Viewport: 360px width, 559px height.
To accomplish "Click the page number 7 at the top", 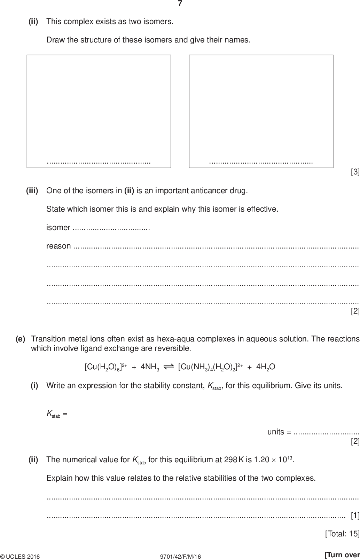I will click(x=180, y=4).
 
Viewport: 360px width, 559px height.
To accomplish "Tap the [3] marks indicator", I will click(x=355, y=172).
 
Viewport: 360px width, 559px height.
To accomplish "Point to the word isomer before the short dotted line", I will click(x=58, y=228).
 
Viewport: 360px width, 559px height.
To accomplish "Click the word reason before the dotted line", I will click(x=58, y=246).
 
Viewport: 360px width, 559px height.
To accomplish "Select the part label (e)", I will click(x=21, y=339).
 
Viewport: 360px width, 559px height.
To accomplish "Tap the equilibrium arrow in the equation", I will click(x=169, y=366).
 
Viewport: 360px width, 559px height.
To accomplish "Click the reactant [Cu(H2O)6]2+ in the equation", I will click(x=106, y=367).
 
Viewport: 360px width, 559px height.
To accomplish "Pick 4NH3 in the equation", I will click(x=150, y=367).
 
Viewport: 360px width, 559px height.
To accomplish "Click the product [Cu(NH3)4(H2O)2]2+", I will click(x=210, y=367).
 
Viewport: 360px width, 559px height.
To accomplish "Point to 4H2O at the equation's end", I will click(x=266, y=367).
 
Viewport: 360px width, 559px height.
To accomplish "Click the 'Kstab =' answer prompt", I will click(x=57, y=414).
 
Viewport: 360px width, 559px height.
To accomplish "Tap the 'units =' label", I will click(x=279, y=432).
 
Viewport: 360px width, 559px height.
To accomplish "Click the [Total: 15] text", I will click(x=342, y=534).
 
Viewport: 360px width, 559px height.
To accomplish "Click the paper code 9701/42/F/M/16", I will click(x=180, y=556).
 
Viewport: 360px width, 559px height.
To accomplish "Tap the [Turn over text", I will click(x=342, y=555).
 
